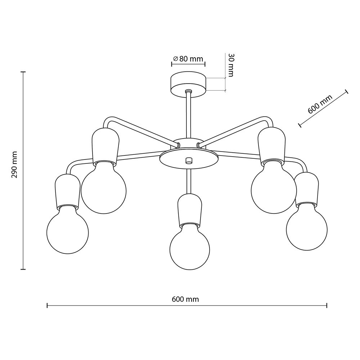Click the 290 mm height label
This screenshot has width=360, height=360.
[14, 165]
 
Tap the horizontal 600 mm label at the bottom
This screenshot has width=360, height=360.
[185, 299]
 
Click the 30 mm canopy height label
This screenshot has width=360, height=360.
[231, 65]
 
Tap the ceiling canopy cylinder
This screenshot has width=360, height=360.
[189, 85]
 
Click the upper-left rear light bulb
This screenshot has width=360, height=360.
[104, 187]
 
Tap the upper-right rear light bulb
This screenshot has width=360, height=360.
[274, 186]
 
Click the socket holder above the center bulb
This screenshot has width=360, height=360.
[190, 210]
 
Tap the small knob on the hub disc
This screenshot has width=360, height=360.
[189, 161]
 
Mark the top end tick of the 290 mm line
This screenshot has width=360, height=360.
[23, 72]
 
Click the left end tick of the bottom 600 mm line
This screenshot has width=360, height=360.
[47, 305]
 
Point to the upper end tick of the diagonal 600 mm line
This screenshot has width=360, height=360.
[347, 91]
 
